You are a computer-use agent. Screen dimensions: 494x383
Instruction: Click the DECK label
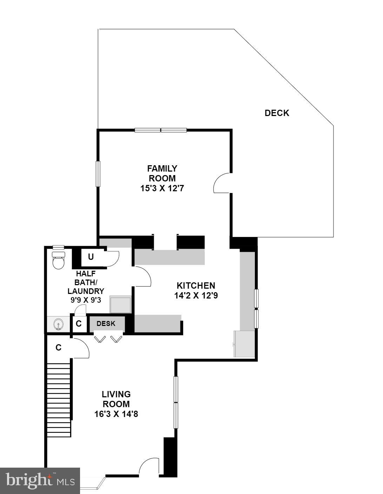click(x=277, y=113)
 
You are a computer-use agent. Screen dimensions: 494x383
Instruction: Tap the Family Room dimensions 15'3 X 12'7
click(x=162, y=188)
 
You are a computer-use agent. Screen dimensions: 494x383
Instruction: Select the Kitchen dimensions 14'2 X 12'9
click(x=196, y=295)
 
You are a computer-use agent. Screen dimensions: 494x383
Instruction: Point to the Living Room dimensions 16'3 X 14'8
click(x=116, y=414)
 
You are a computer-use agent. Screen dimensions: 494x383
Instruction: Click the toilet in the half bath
click(x=58, y=260)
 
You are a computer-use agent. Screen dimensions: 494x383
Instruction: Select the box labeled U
click(x=91, y=257)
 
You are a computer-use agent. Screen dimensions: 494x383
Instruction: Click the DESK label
click(x=106, y=323)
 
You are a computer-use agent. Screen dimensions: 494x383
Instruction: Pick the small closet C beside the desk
click(x=79, y=324)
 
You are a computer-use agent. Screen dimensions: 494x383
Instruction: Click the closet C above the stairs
click(x=59, y=348)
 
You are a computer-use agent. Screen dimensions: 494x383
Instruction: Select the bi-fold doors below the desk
click(x=108, y=339)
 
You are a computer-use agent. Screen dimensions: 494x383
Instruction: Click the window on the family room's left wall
click(x=98, y=174)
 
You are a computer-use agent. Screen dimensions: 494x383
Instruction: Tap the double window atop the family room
click(x=161, y=130)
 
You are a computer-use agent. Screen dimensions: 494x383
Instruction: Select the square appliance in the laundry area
click(x=120, y=304)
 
